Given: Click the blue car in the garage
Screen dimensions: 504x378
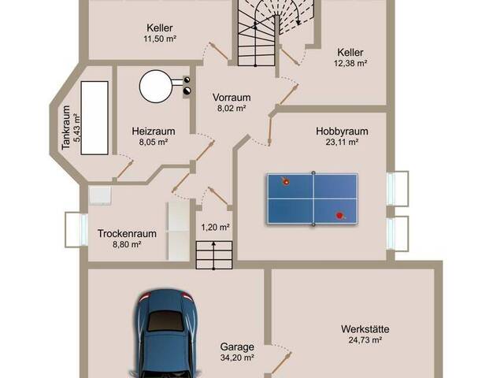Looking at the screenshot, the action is (165, 334).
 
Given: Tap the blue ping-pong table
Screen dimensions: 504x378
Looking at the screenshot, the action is (313, 198).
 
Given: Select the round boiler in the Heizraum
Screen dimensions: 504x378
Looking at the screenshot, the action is (156, 87).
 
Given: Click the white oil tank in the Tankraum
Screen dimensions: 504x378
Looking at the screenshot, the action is (94, 118).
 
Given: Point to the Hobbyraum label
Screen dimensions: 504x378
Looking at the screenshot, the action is (342, 132).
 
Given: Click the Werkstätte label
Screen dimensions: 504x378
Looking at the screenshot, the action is (365, 329).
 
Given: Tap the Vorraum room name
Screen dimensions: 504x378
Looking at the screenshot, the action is (232, 98).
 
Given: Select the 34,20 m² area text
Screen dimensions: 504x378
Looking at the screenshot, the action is (237, 358).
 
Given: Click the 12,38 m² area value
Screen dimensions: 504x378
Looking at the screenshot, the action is (350, 63).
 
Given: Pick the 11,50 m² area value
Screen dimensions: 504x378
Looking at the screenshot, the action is (160, 39).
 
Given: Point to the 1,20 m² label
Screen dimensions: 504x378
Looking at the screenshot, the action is (215, 228).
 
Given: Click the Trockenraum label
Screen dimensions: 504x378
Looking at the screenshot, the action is (127, 233).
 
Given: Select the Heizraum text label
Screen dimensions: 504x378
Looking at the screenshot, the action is (154, 132).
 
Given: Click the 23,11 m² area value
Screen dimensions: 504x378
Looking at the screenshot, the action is (342, 142).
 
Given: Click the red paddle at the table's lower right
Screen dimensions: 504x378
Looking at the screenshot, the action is (339, 215).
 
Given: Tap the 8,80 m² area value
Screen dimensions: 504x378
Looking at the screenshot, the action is (127, 244).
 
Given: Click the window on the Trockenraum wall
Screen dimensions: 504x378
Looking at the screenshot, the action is (76, 230).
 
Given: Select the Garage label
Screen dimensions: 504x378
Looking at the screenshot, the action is (237, 346).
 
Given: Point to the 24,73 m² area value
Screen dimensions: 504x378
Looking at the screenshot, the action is (365, 339).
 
